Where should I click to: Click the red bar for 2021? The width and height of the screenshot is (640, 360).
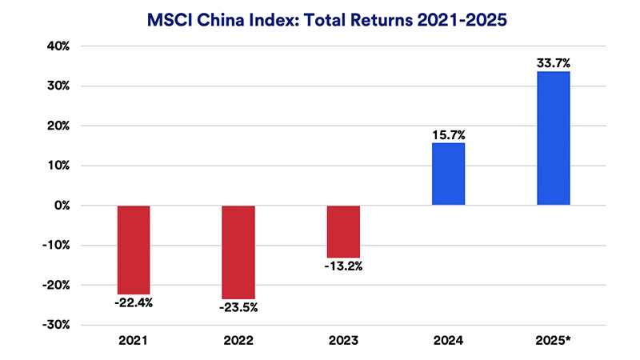click(134, 250)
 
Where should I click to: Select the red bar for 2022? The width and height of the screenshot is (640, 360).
click(238, 252)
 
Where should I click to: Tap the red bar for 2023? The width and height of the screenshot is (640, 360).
click(343, 231)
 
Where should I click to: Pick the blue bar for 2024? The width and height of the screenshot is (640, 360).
click(448, 174)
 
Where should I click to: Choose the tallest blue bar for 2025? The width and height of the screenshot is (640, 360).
click(553, 138)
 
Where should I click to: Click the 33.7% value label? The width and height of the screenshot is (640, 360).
click(553, 62)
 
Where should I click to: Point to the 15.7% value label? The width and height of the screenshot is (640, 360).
click(448, 134)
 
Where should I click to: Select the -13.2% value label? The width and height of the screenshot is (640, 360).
click(343, 266)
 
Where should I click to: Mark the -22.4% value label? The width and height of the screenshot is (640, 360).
click(134, 304)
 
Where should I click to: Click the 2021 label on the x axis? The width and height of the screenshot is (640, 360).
click(134, 341)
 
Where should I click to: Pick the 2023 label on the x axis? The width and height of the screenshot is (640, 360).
click(343, 341)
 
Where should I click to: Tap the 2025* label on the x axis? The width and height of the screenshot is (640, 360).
click(553, 341)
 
